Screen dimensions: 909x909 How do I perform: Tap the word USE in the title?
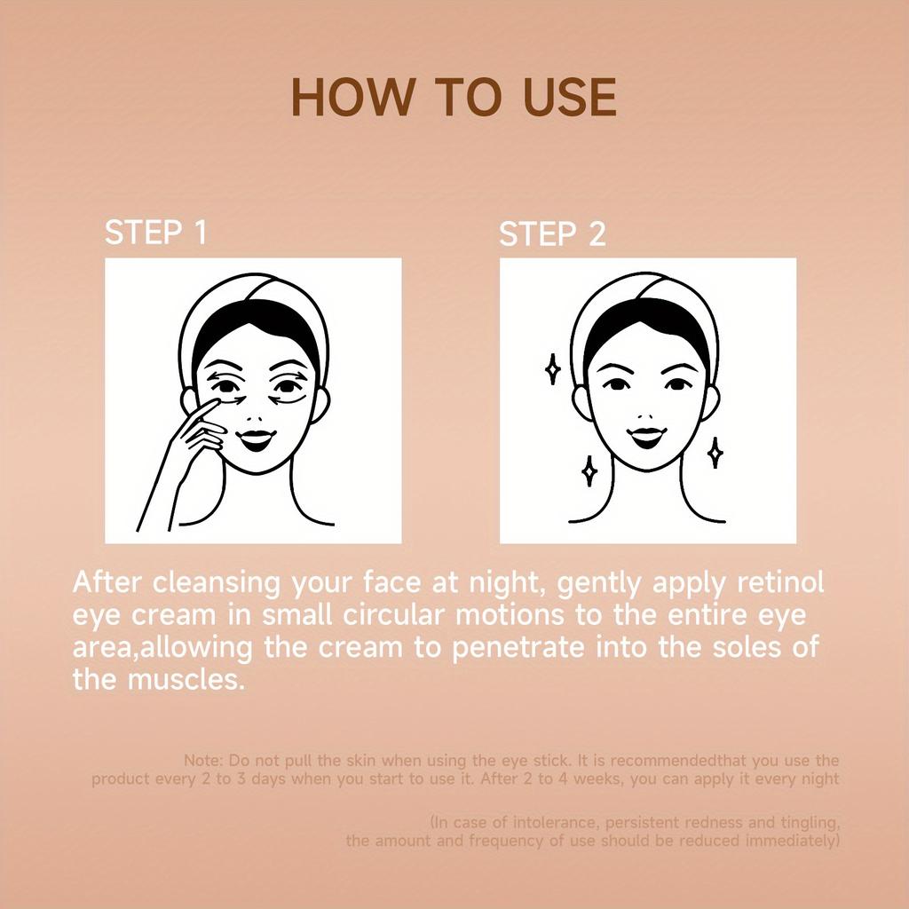coord(570,97)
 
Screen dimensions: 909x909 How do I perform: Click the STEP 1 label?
coord(155,233)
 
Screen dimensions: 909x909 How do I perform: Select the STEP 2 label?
coord(552,234)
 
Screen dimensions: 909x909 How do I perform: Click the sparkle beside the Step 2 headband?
coord(553,369)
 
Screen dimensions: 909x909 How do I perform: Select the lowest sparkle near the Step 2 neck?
coord(589,470)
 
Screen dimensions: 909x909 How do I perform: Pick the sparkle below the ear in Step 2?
coord(715,453)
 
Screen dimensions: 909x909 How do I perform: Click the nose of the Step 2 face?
coord(647,416)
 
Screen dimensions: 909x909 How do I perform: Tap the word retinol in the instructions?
coord(780,582)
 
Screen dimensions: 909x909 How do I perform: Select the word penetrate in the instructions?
coord(518,648)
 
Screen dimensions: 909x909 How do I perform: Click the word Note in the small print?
coord(203,761)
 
